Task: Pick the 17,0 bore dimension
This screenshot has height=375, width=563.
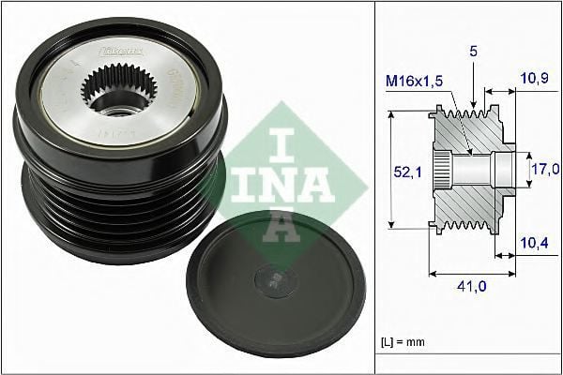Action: (x=544, y=170)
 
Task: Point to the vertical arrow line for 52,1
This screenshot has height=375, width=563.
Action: (x=389, y=169)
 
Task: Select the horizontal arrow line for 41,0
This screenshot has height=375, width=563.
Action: (x=470, y=275)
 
